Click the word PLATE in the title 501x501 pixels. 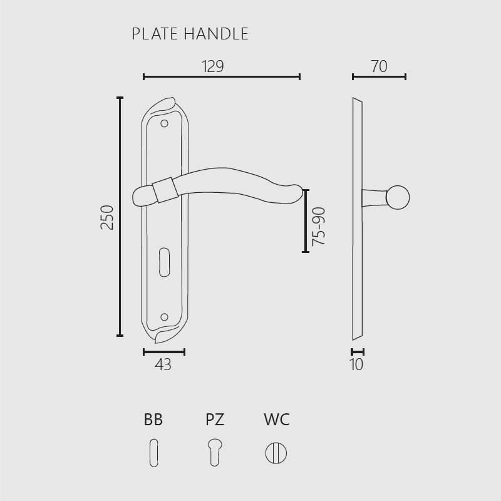pyautogui.click(x=155, y=34)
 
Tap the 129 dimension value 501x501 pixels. pyautogui.click(x=213, y=66)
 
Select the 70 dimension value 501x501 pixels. pyautogui.click(x=380, y=66)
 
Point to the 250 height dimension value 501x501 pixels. pyautogui.click(x=107, y=217)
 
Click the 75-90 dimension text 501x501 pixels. pyautogui.click(x=319, y=226)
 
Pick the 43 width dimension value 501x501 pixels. pyautogui.click(x=163, y=364)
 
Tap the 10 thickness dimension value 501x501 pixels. pyautogui.click(x=356, y=364)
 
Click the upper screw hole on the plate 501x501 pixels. pyautogui.click(x=164, y=123)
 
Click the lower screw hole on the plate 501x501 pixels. pyautogui.click(x=164, y=317)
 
